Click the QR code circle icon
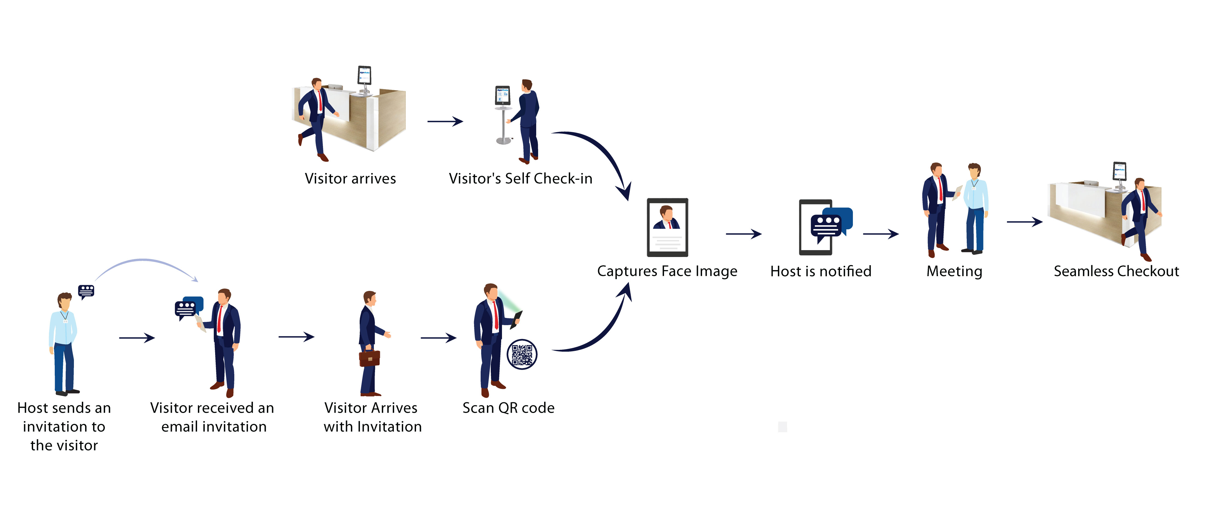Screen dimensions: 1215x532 pyautogui.click(x=522, y=354)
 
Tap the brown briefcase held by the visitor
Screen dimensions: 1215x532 pyautogui.click(x=369, y=358)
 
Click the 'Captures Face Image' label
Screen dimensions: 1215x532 pyautogui.click(x=667, y=272)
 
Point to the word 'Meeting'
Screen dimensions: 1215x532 pyautogui.click(x=954, y=272)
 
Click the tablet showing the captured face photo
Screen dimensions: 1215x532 pyautogui.click(x=667, y=227)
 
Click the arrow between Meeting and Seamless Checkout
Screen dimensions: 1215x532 pyautogui.click(x=1024, y=222)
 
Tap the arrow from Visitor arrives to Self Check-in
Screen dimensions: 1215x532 pyautogui.click(x=445, y=121)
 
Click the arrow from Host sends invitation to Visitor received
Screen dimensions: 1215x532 pyautogui.click(x=137, y=338)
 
